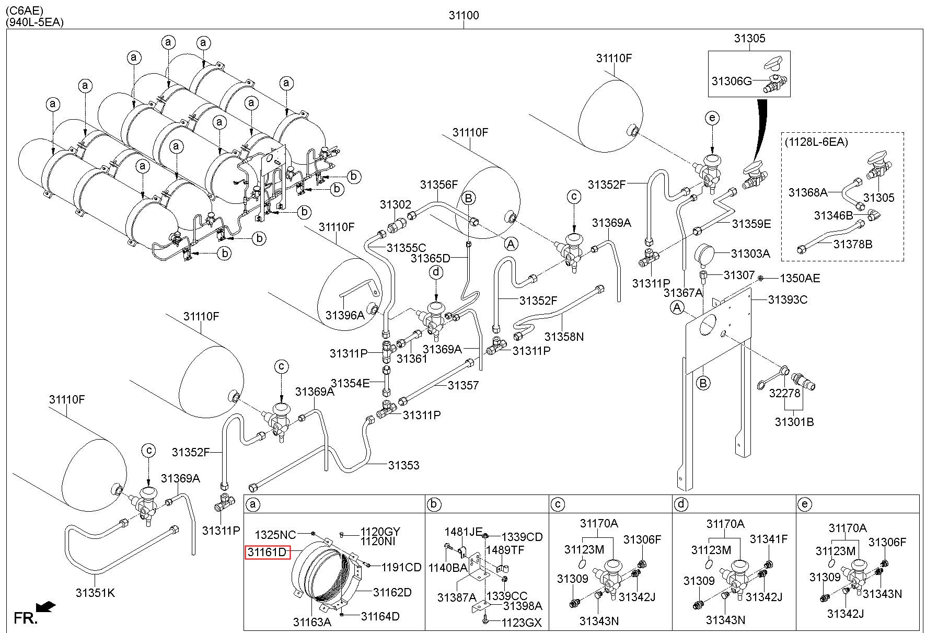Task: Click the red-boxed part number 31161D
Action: (267, 552)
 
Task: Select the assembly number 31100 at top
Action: (464, 16)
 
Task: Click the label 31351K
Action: (95, 593)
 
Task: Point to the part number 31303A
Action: (750, 254)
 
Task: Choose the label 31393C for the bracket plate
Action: (788, 300)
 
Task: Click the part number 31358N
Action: (564, 337)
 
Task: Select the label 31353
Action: (403, 465)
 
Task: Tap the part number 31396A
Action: (345, 315)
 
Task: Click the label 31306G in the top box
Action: (732, 81)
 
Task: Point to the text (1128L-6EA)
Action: (816, 142)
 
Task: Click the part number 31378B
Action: (853, 244)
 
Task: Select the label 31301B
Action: (794, 422)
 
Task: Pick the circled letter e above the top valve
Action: (712, 118)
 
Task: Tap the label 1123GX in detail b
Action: (522, 623)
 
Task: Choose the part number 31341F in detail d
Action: (768, 539)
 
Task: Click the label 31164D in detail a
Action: (380, 616)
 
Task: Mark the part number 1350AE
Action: (800, 278)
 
